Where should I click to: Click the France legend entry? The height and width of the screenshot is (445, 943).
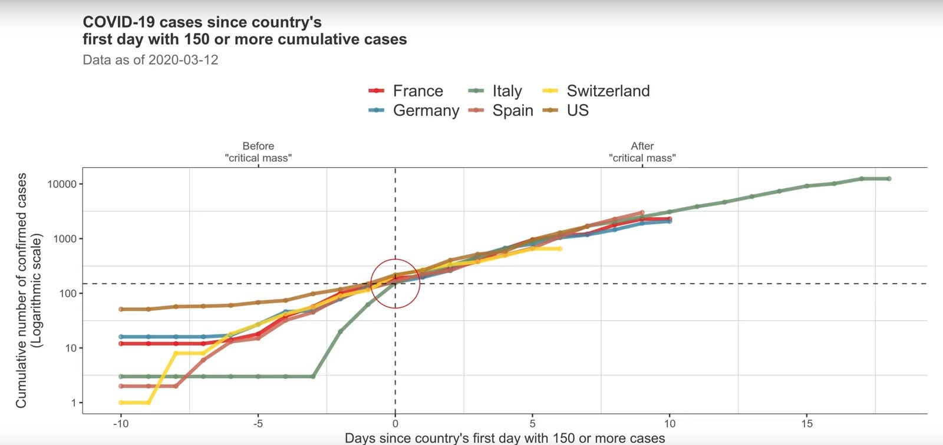point(417,91)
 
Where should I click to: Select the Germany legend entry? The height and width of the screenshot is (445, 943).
point(426,111)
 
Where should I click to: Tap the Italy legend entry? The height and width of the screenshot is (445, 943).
point(507,91)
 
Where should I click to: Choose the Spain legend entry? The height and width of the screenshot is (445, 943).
point(512,111)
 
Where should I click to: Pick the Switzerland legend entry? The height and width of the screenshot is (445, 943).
point(608,91)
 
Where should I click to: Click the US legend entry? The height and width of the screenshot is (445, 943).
point(577,111)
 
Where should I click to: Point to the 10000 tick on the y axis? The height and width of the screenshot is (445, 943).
point(62,184)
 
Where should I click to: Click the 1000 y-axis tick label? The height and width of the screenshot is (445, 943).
point(65,239)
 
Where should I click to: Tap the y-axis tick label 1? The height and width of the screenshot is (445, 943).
point(74,403)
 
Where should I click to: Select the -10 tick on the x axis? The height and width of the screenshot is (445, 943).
point(121,423)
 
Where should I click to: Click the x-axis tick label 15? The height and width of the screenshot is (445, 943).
point(807,423)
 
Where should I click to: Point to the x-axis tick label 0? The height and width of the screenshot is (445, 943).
point(395,423)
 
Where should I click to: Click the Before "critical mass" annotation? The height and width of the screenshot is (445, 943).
point(258,152)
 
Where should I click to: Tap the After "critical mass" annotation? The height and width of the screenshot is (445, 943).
point(642,152)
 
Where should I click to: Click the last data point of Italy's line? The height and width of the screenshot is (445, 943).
point(889,178)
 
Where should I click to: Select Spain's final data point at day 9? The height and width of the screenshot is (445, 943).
point(642,212)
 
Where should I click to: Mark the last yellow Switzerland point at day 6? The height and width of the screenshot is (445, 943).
point(560,249)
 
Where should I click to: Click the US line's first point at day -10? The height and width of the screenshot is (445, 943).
point(121,309)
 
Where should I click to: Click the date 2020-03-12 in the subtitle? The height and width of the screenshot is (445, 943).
point(183,60)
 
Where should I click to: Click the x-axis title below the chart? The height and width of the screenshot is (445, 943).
point(505,438)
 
